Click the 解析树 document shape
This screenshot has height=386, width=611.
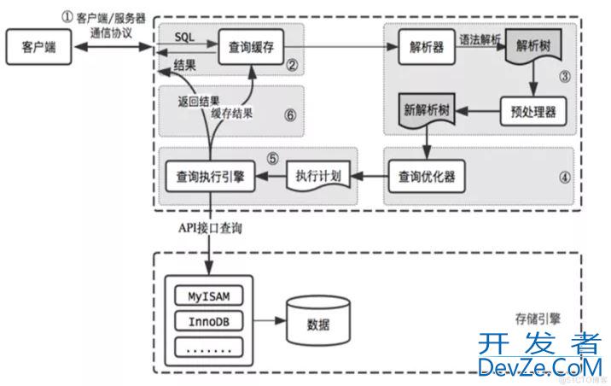[535, 48]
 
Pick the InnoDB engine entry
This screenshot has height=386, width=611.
[208, 322]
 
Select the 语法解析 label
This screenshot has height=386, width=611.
[480, 38]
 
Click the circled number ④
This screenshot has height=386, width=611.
[564, 180]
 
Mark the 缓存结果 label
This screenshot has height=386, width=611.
[231, 114]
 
